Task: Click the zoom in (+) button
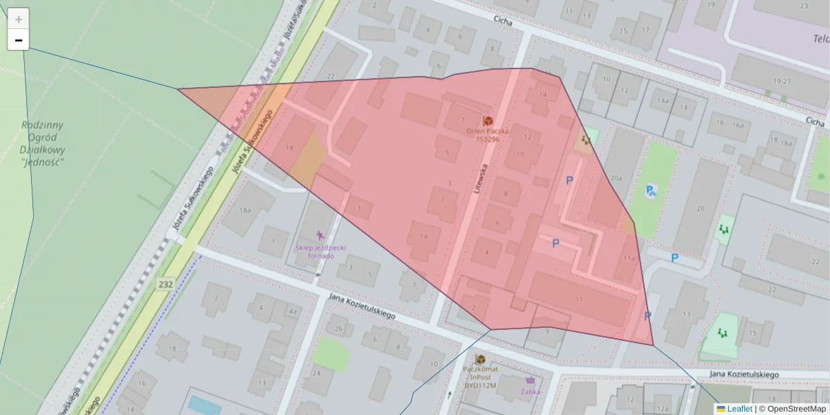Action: (x=18, y=19)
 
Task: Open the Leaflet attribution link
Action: (x=739, y=409)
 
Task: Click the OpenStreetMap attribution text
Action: (x=796, y=409)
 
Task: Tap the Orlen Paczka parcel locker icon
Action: (x=488, y=120)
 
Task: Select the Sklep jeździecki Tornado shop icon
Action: (x=320, y=236)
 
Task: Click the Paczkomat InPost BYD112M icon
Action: (x=480, y=360)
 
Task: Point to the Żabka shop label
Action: (x=531, y=391)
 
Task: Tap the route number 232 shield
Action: (x=165, y=284)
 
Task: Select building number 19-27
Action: (x=782, y=81)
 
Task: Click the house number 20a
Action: (x=616, y=178)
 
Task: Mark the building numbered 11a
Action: (x=628, y=259)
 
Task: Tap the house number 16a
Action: (x=738, y=124)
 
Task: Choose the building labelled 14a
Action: (x=663, y=101)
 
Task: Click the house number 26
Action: (x=339, y=328)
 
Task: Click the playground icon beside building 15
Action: (x=722, y=333)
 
